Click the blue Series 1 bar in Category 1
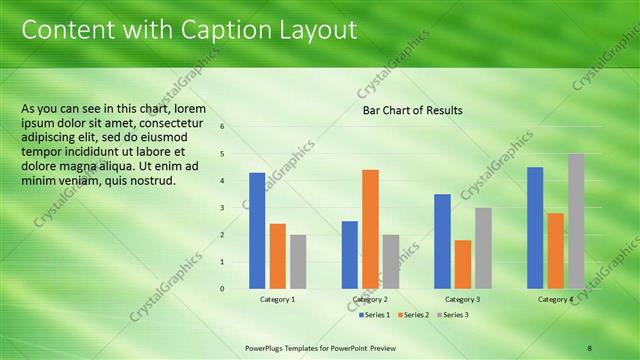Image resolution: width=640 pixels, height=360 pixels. pyautogui.click(x=257, y=231)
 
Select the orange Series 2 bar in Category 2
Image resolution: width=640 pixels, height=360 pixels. pyautogui.click(x=370, y=229)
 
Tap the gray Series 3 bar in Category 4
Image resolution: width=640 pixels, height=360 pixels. pyautogui.click(x=576, y=221)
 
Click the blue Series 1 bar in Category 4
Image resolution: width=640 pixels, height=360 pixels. pyautogui.click(x=535, y=228)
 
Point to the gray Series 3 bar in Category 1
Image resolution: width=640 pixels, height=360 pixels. pyautogui.click(x=298, y=262)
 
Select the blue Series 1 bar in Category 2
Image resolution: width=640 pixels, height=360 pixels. pyautogui.click(x=349, y=255)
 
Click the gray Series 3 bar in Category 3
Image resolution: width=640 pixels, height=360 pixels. pyautogui.click(x=483, y=248)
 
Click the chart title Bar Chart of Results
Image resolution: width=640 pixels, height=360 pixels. pyautogui.click(x=412, y=110)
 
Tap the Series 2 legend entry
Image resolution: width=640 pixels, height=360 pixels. pyautogui.click(x=412, y=315)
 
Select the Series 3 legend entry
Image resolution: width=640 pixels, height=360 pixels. pyautogui.click(x=451, y=315)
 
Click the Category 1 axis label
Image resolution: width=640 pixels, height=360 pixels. pyautogui.click(x=277, y=300)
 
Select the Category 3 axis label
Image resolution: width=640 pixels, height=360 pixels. pyautogui.click(x=462, y=300)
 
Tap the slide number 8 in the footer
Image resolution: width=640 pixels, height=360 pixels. pyautogui.click(x=589, y=347)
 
